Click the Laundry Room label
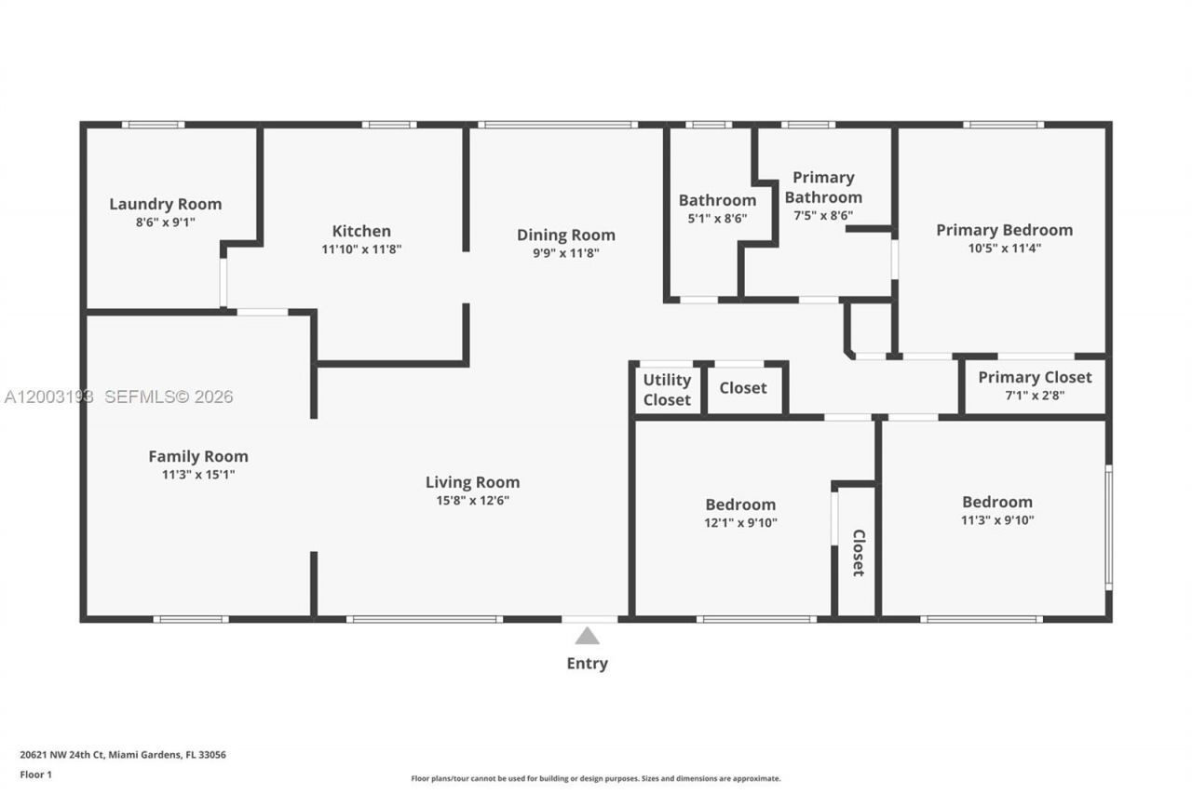(x=166, y=204)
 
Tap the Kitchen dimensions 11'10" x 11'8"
(x=361, y=249)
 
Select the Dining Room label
(x=566, y=235)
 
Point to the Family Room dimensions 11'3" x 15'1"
(x=198, y=475)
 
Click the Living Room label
(x=472, y=482)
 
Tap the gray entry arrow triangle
(x=587, y=636)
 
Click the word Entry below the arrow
(x=587, y=664)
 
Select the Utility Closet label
(x=667, y=389)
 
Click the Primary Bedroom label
(x=1004, y=230)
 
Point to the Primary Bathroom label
(x=823, y=187)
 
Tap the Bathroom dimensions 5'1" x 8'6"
(x=717, y=219)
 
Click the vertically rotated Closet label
(x=858, y=553)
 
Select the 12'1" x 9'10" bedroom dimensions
(x=740, y=523)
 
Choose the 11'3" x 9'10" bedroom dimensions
(x=997, y=520)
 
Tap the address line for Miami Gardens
(x=123, y=755)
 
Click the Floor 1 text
(x=36, y=774)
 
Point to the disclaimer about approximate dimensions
(x=596, y=778)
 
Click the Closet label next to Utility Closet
(x=743, y=387)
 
